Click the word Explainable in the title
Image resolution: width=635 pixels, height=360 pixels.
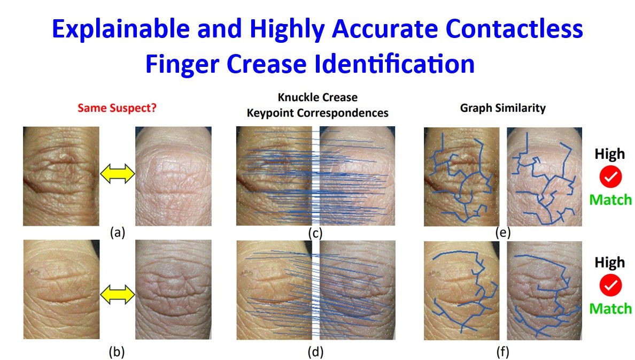[121, 30]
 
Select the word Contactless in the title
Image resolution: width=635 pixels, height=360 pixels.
[514, 29]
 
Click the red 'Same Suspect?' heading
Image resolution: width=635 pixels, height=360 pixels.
[117, 108]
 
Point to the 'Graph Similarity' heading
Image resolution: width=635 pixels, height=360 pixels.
[502, 108]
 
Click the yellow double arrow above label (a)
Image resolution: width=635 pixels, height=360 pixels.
[118, 174]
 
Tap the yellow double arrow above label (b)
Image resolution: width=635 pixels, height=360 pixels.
[118, 294]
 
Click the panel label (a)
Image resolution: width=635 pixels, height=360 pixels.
[118, 233]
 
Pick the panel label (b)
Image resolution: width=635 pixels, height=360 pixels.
[117, 353]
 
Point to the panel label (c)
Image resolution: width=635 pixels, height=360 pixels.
[315, 233]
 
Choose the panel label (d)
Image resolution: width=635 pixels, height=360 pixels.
[315, 352]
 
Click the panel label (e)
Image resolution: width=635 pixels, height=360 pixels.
[502, 233]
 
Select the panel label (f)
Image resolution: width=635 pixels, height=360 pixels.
[502, 352]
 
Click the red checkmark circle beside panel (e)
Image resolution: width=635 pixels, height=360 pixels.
[610, 177]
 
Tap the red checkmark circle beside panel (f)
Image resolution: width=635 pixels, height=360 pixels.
[610, 285]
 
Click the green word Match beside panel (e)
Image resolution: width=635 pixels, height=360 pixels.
[610, 200]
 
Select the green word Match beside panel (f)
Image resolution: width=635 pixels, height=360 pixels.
[610, 309]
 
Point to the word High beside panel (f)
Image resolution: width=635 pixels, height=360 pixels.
[609, 263]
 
